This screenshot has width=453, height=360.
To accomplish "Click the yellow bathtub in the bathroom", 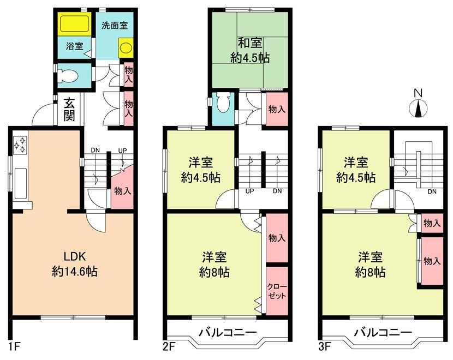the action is pyautogui.click(x=75, y=23).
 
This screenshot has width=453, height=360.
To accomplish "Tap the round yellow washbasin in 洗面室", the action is pyautogui.click(x=126, y=48).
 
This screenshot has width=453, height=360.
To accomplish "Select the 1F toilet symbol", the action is pyautogui.click(x=68, y=75).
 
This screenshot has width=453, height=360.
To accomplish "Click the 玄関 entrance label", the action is pyautogui.click(x=69, y=109).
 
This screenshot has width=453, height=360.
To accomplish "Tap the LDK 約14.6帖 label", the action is pyautogui.click(x=75, y=264).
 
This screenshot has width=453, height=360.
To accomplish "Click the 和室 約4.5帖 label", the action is pyautogui.click(x=250, y=50).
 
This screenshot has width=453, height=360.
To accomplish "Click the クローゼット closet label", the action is pyautogui.click(x=277, y=291).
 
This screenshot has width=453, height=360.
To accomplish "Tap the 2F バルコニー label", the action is pyautogui.click(x=228, y=332).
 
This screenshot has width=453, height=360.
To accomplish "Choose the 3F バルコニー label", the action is pyautogui.click(x=383, y=332).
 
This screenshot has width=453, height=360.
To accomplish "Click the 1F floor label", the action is pyautogui.click(x=14, y=346).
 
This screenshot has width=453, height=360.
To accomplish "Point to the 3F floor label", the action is pyautogui.click(x=324, y=346).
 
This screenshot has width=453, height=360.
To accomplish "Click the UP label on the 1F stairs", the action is pyautogui.click(x=122, y=151).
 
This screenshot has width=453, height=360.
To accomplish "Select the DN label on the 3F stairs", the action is pyautogui.click(x=432, y=191).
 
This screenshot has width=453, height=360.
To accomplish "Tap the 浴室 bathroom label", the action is pyautogui.click(x=75, y=46).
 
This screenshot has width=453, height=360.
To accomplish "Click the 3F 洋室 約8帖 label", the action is pyautogui.click(x=371, y=264).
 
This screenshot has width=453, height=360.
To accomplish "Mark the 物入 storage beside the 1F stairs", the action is pyautogui.click(x=123, y=190).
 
